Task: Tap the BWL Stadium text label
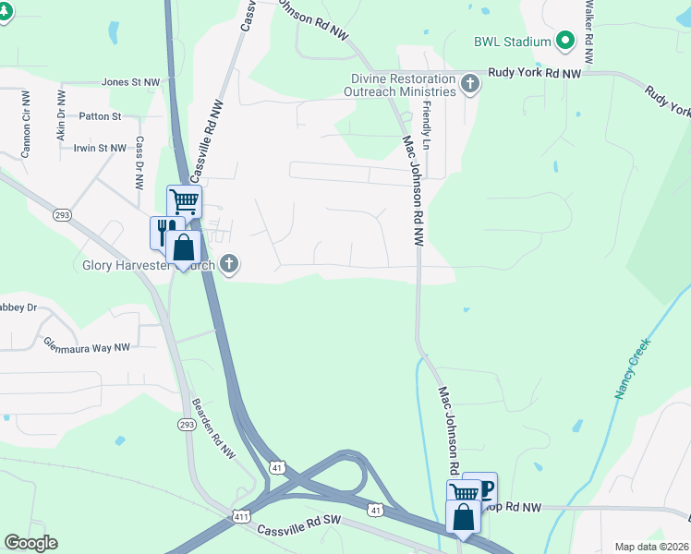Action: click(x=513, y=42)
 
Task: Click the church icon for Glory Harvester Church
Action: click(x=230, y=266)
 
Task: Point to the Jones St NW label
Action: click(x=130, y=82)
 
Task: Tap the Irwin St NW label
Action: click(x=99, y=148)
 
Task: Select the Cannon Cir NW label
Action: click(x=26, y=123)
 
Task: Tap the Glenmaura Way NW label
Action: click(x=87, y=346)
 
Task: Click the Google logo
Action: click(x=30, y=543)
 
